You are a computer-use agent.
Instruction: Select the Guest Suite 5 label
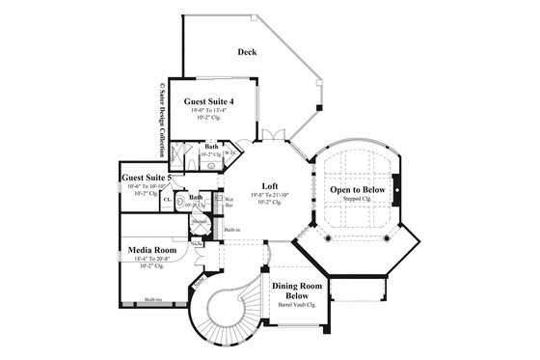[147, 178]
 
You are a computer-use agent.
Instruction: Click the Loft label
[270, 185]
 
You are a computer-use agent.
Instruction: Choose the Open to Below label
[358, 190]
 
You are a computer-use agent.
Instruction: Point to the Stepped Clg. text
[359, 201]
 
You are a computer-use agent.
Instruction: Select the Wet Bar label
[229, 204]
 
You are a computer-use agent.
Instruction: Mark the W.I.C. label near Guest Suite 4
[229, 152]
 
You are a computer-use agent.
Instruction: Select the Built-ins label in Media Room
[152, 300]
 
